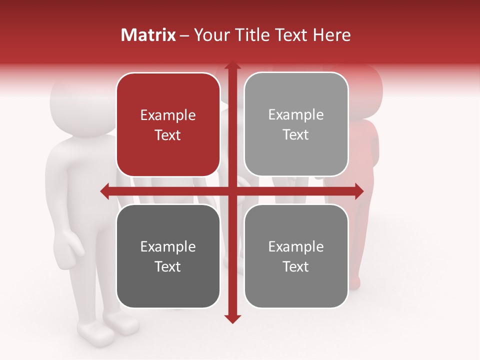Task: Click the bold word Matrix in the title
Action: click(148, 35)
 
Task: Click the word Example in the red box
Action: click(168, 115)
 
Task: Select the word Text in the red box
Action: click(168, 135)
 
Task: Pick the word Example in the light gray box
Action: click(296, 115)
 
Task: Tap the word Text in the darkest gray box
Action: click(168, 266)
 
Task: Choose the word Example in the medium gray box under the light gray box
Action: click(296, 246)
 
